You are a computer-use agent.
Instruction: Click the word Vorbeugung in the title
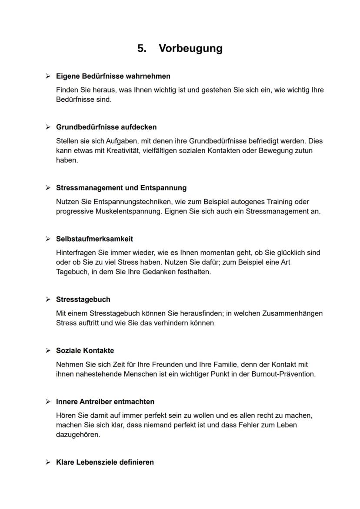(190, 48)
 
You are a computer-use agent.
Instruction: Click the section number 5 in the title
(141, 48)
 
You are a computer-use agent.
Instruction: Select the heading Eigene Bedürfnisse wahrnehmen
(113, 77)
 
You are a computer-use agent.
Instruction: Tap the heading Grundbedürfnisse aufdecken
(106, 127)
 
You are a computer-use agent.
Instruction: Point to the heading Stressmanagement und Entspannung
(121, 188)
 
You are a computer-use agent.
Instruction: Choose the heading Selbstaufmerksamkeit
(94, 239)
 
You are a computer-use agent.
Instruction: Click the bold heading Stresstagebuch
(83, 299)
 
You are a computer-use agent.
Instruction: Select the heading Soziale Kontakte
(85, 351)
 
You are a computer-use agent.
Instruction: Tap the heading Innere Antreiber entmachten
(105, 402)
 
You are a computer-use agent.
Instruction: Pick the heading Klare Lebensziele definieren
(105, 462)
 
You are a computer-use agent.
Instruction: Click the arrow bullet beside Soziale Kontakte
(48, 351)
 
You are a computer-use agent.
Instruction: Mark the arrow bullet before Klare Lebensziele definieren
(48, 462)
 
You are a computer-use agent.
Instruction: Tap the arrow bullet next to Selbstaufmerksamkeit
(48, 239)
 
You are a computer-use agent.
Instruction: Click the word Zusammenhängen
(292, 313)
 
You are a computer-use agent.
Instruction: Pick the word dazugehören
(78, 435)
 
